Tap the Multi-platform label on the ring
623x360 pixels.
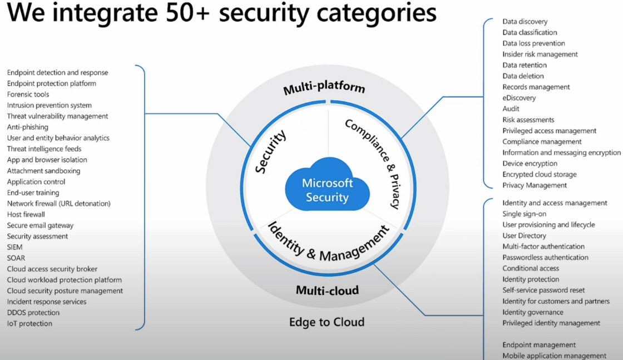click(324, 88)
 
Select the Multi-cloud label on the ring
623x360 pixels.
click(327, 290)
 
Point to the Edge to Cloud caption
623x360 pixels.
click(327, 322)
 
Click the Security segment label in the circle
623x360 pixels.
click(271, 151)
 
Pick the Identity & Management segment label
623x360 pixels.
click(328, 241)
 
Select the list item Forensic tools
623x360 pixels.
click(28, 95)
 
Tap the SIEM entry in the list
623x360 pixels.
click(15, 247)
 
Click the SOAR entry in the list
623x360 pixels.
click(16, 258)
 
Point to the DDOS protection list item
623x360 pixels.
click(33, 313)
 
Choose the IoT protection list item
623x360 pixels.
click(29, 323)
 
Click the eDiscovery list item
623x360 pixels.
click(519, 98)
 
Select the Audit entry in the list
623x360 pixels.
click(511, 109)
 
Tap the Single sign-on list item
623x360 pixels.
click(525, 214)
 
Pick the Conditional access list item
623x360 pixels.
click(531, 268)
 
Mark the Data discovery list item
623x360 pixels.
click(525, 22)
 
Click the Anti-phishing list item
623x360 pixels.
click(28, 127)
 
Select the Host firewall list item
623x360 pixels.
click(26, 214)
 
